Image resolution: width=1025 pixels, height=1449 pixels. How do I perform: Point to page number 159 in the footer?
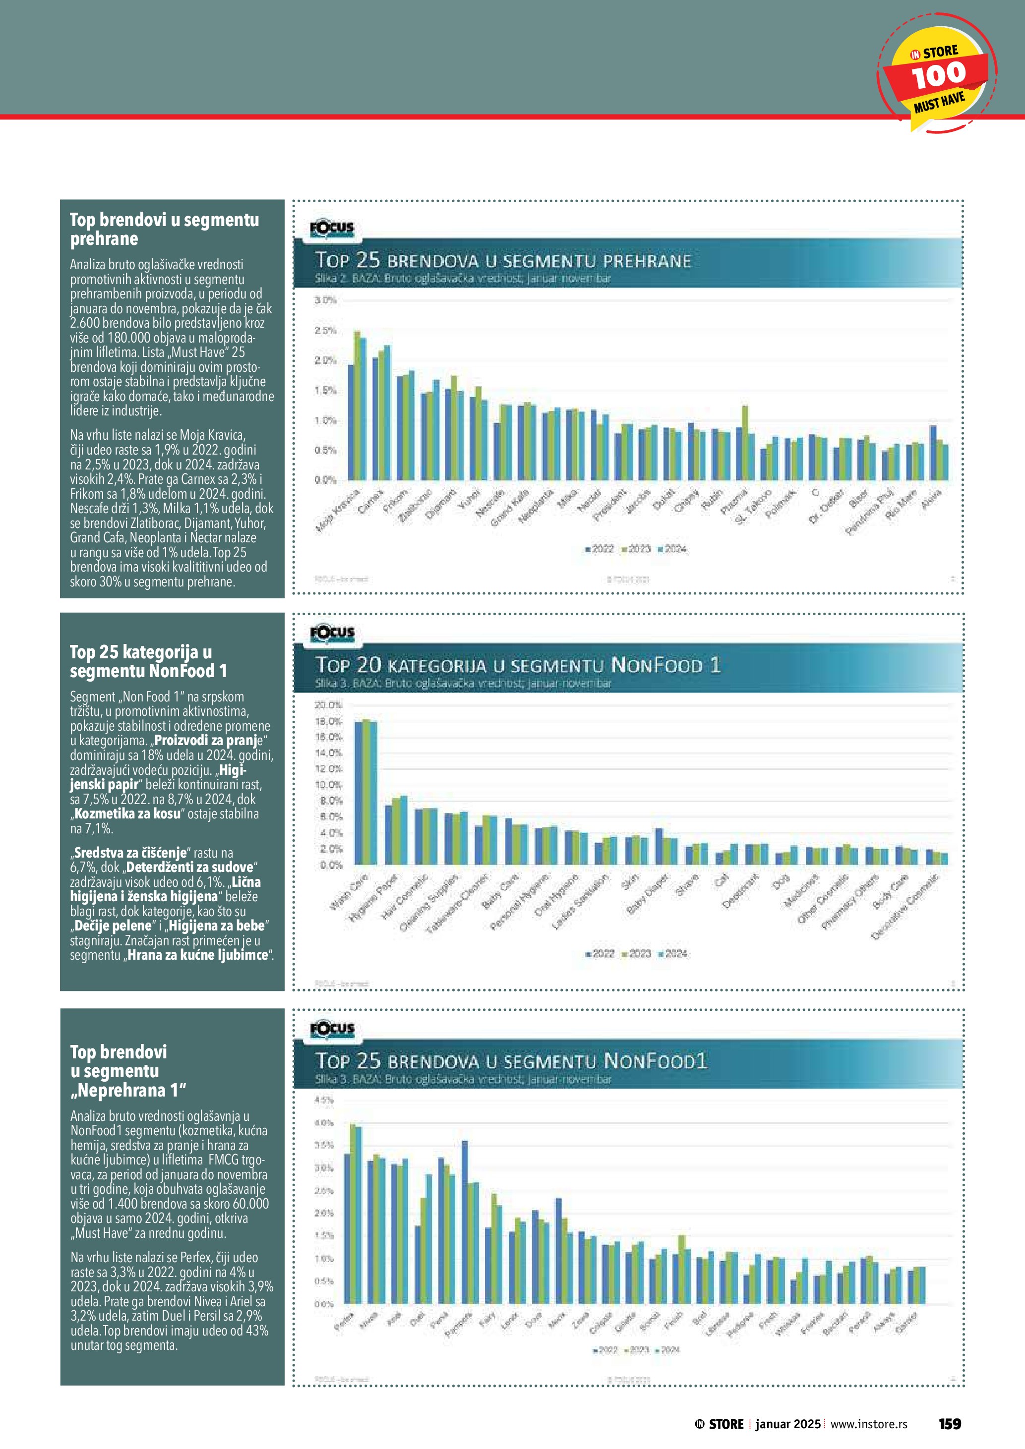tap(949, 1423)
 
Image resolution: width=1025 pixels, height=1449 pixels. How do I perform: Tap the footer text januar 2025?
tap(787, 1424)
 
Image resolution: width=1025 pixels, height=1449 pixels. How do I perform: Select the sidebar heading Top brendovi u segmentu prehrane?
tap(164, 229)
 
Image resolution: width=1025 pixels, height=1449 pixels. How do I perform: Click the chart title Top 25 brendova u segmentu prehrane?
tap(503, 260)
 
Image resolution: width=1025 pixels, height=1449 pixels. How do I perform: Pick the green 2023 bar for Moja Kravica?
tap(357, 405)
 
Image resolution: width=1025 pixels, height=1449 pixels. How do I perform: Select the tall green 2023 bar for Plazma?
tap(745, 442)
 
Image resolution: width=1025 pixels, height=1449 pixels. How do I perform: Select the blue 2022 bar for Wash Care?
tap(358, 793)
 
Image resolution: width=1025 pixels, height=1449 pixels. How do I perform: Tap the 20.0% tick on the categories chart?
tap(328, 704)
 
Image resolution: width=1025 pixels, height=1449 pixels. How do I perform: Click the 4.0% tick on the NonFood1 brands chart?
tap(324, 1123)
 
